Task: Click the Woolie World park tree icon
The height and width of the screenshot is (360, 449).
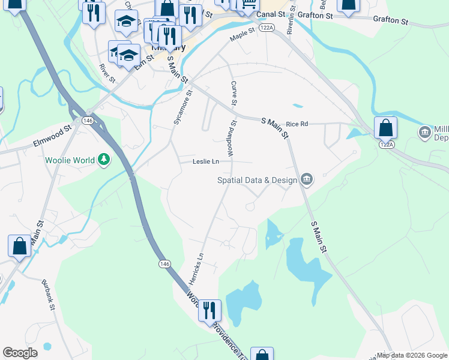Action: click(104, 160)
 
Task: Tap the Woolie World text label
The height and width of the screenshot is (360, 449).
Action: click(70, 160)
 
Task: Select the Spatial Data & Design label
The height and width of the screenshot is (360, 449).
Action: click(258, 180)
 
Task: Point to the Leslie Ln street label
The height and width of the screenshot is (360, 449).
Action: click(205, 161)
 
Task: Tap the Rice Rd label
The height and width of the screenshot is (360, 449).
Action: click(297, 124)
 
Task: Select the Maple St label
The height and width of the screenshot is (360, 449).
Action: click(243, 37)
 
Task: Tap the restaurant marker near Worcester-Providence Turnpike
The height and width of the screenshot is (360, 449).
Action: click(209, 310)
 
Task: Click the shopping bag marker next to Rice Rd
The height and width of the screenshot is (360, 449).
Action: click(385, 127)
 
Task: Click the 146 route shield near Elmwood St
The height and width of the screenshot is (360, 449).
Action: click(88, 121)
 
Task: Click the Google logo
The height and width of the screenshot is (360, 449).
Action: click(20, 353)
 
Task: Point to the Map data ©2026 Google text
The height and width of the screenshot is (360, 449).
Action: click(412, 355)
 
